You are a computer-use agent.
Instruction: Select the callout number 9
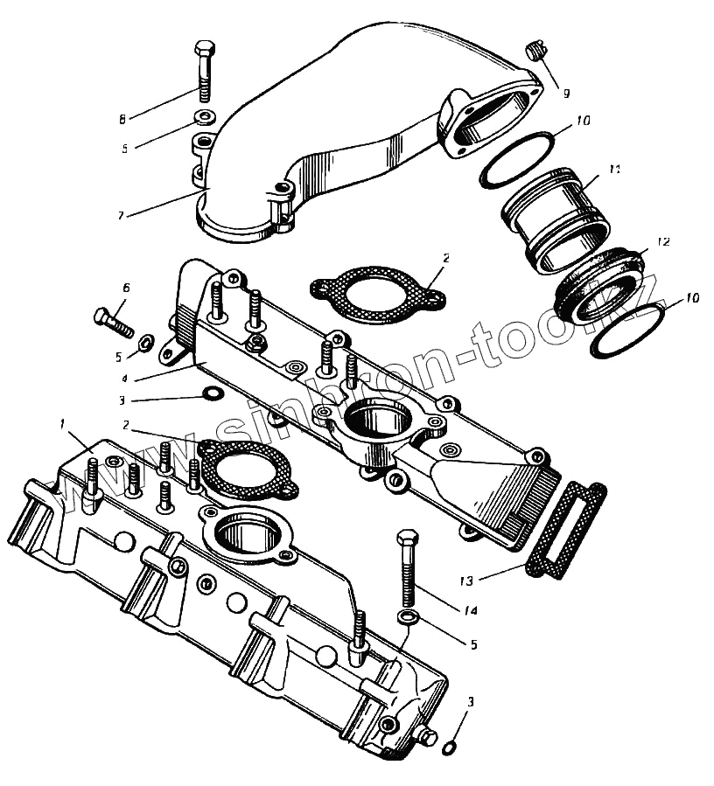point(566,92)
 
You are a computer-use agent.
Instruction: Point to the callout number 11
point(613,167)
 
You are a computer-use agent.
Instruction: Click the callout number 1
point(62,423)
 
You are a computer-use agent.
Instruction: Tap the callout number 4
point(126,379)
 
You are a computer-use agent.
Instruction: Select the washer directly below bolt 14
point(408,619)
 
